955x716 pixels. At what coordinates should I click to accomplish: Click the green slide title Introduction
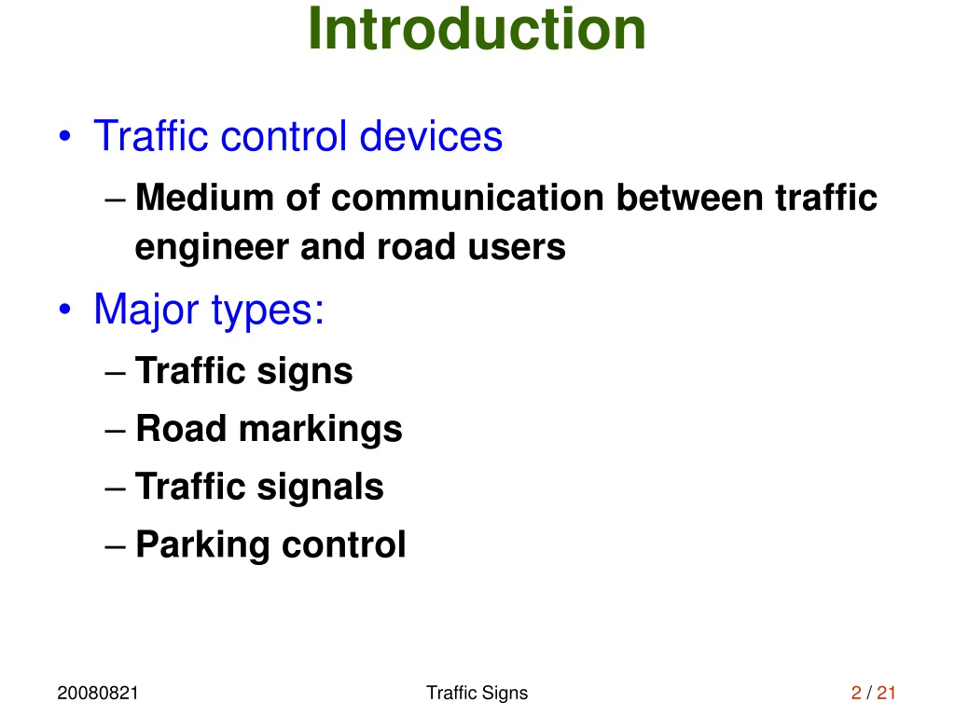[x=477, y=29]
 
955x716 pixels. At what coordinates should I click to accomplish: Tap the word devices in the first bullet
[x=431, y=135]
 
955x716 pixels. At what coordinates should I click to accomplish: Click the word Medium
[x=204, y=198]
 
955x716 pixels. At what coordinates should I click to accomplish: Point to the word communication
[x=468, y=198]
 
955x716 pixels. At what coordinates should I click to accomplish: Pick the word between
[x=690, y=198]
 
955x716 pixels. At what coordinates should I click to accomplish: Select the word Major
[x=146, y=310]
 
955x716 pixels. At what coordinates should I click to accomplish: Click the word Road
[x=182, y=428]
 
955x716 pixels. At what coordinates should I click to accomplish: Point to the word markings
[x=321, y=430]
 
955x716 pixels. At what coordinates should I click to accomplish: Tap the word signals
[x=321, y=487]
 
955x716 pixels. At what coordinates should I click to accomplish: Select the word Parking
[x=202, y=544]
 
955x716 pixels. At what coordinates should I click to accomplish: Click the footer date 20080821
[x=98, y=693]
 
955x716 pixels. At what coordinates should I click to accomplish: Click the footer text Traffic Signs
[x=477, y=694]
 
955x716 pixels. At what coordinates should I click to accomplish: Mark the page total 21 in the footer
[x=886, y=693]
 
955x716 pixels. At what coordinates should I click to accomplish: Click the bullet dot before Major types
[x=64, y=309]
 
